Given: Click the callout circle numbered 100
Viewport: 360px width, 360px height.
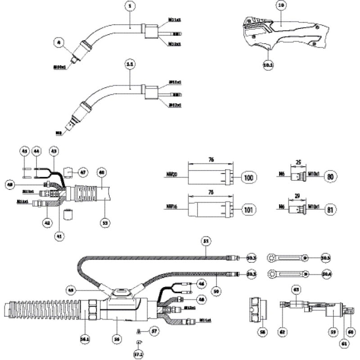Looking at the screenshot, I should click(x=248, y=176).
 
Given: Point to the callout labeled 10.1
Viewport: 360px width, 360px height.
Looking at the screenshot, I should click(x=268, y=65).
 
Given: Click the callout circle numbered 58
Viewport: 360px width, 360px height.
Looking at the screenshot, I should click(x=262, y=332).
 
